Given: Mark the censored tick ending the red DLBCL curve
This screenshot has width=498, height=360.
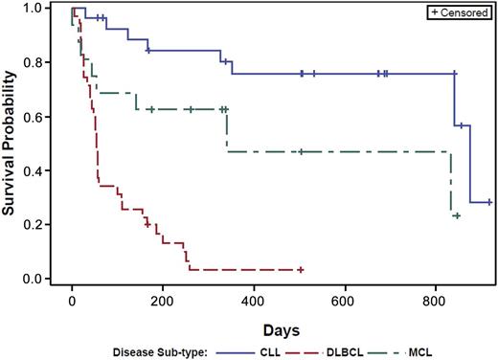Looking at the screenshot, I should click(300, 270).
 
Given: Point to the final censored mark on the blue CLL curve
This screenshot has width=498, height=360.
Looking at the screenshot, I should click(489, 202).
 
